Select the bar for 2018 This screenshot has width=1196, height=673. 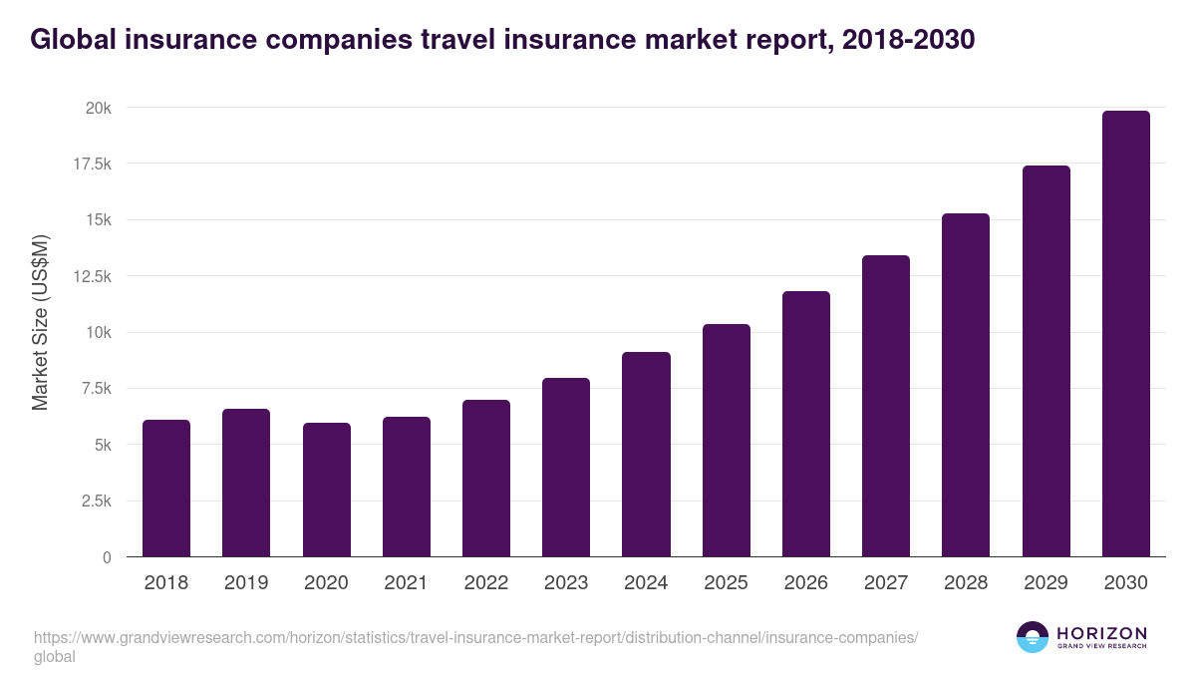point(166,489)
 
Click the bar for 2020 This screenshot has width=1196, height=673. point(327,490)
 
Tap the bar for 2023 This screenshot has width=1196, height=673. point(566,468)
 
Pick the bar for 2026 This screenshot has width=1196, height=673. point(806,424)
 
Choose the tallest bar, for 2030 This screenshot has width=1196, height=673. point(1126,334)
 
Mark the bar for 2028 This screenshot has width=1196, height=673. point(966,385)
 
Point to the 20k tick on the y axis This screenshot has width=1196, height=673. point(96,108)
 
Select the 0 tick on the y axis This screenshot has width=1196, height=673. point(107,557)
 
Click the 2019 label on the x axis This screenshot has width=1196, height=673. point(246,583)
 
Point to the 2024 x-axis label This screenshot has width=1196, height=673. point(646,583)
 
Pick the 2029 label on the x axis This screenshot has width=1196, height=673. point(1046,583)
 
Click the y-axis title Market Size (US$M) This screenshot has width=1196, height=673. point(40,323)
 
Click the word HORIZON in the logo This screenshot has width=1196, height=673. point(1102,633)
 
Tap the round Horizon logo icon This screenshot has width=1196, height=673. point(1033,637)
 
